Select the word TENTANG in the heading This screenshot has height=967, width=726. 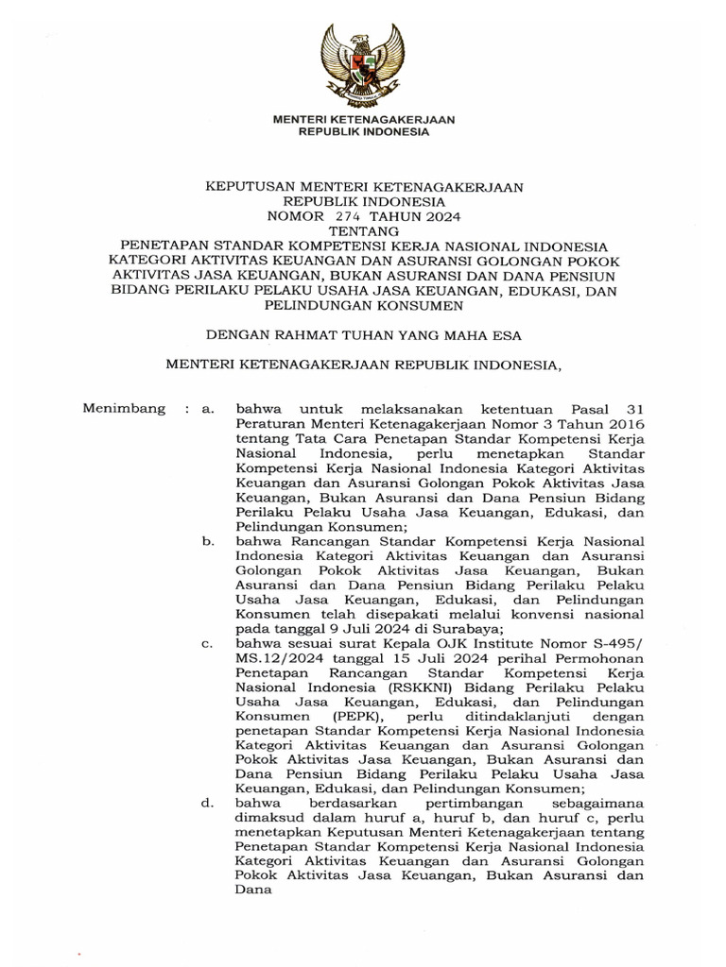tap(364, 230)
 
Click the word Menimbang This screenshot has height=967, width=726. tap(125, 409)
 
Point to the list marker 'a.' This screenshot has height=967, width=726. tap(209, 409)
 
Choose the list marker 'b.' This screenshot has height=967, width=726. tap(209, 541)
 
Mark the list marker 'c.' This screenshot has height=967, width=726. tap(209, 644)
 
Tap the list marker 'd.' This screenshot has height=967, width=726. tap(209, 804)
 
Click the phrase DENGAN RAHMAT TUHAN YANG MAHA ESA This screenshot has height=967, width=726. tap(364, 333)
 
